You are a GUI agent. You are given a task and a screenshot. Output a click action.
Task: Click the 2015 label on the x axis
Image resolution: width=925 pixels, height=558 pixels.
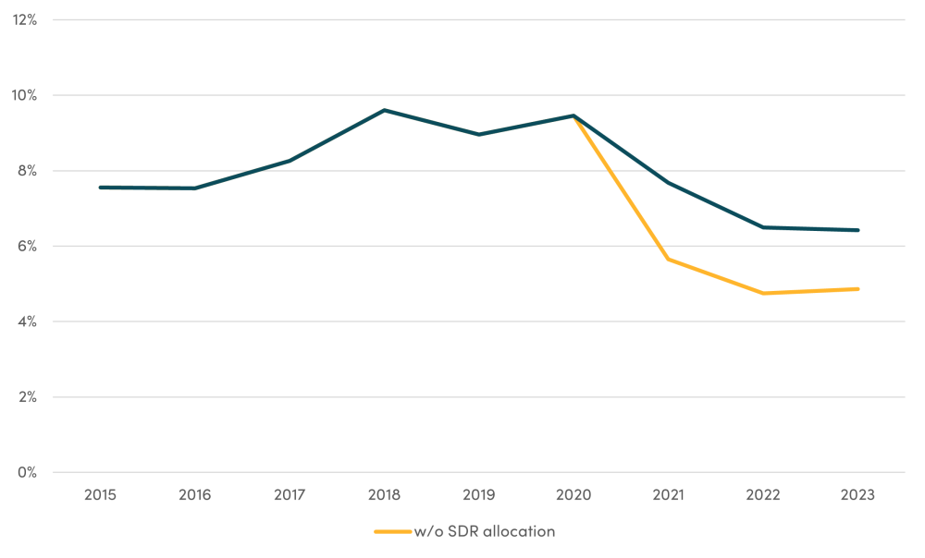pyautogui.click(x=100, y=495)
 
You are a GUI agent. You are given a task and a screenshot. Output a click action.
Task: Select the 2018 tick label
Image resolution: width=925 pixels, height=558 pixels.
pyautogui.click(x=384, y=495)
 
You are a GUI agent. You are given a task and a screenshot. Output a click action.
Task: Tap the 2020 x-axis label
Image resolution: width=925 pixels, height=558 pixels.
pyautogui.click(x=573, y=495)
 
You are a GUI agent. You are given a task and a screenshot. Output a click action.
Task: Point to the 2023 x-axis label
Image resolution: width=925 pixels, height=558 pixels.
pyautogui.click(x=858, y=495)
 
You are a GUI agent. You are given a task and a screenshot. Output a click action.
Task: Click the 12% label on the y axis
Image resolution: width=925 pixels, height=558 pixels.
pyautogui.click(x=24, y=19)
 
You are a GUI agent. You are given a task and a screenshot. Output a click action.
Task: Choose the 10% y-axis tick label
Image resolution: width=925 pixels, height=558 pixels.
pyautogui.click(x=24, y=95)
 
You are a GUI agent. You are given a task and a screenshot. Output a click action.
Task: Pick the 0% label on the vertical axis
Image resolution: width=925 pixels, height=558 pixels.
pyautogui.click(x=27, y=472)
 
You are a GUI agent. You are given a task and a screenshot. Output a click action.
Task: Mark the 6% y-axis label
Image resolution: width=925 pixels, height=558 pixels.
pyautogui.click(x=27, y=246)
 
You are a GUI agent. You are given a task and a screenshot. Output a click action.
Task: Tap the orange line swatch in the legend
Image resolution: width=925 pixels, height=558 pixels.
pyautogui.click(x=392, y=531)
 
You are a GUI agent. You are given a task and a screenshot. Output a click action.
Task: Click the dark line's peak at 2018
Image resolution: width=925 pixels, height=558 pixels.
pyautogui.click(x=384, y=110)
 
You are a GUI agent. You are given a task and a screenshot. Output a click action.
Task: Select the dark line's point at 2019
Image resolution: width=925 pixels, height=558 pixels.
pyautogui.click(x=479, y=134)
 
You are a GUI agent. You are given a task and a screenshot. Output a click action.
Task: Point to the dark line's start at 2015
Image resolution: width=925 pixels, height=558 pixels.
pyautogui.click(x=100, y=188)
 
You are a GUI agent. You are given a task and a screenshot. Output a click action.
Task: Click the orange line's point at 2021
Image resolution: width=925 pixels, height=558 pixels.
pyautogui.click(x=669, y=259)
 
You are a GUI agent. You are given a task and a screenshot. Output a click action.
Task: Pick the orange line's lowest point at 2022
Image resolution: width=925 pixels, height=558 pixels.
pyautogui.click(x=763, y=293)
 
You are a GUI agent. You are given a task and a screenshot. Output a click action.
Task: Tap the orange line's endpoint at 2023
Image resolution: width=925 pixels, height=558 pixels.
pyautogui.click(x=858, y=289)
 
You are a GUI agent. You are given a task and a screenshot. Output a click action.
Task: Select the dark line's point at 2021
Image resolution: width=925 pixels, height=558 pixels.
pyautogui.click(x=669, y=183)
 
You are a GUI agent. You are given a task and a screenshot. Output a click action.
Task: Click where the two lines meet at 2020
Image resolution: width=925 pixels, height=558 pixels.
pyautogui.click(x=573, y=115)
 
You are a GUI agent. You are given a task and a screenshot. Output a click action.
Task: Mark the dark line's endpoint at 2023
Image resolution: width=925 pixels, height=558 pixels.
pyautogui.click(x=858, y=230)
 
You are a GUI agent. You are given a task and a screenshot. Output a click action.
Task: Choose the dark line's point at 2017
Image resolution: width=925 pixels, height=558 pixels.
pyautogui.click(x=290, y=161)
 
